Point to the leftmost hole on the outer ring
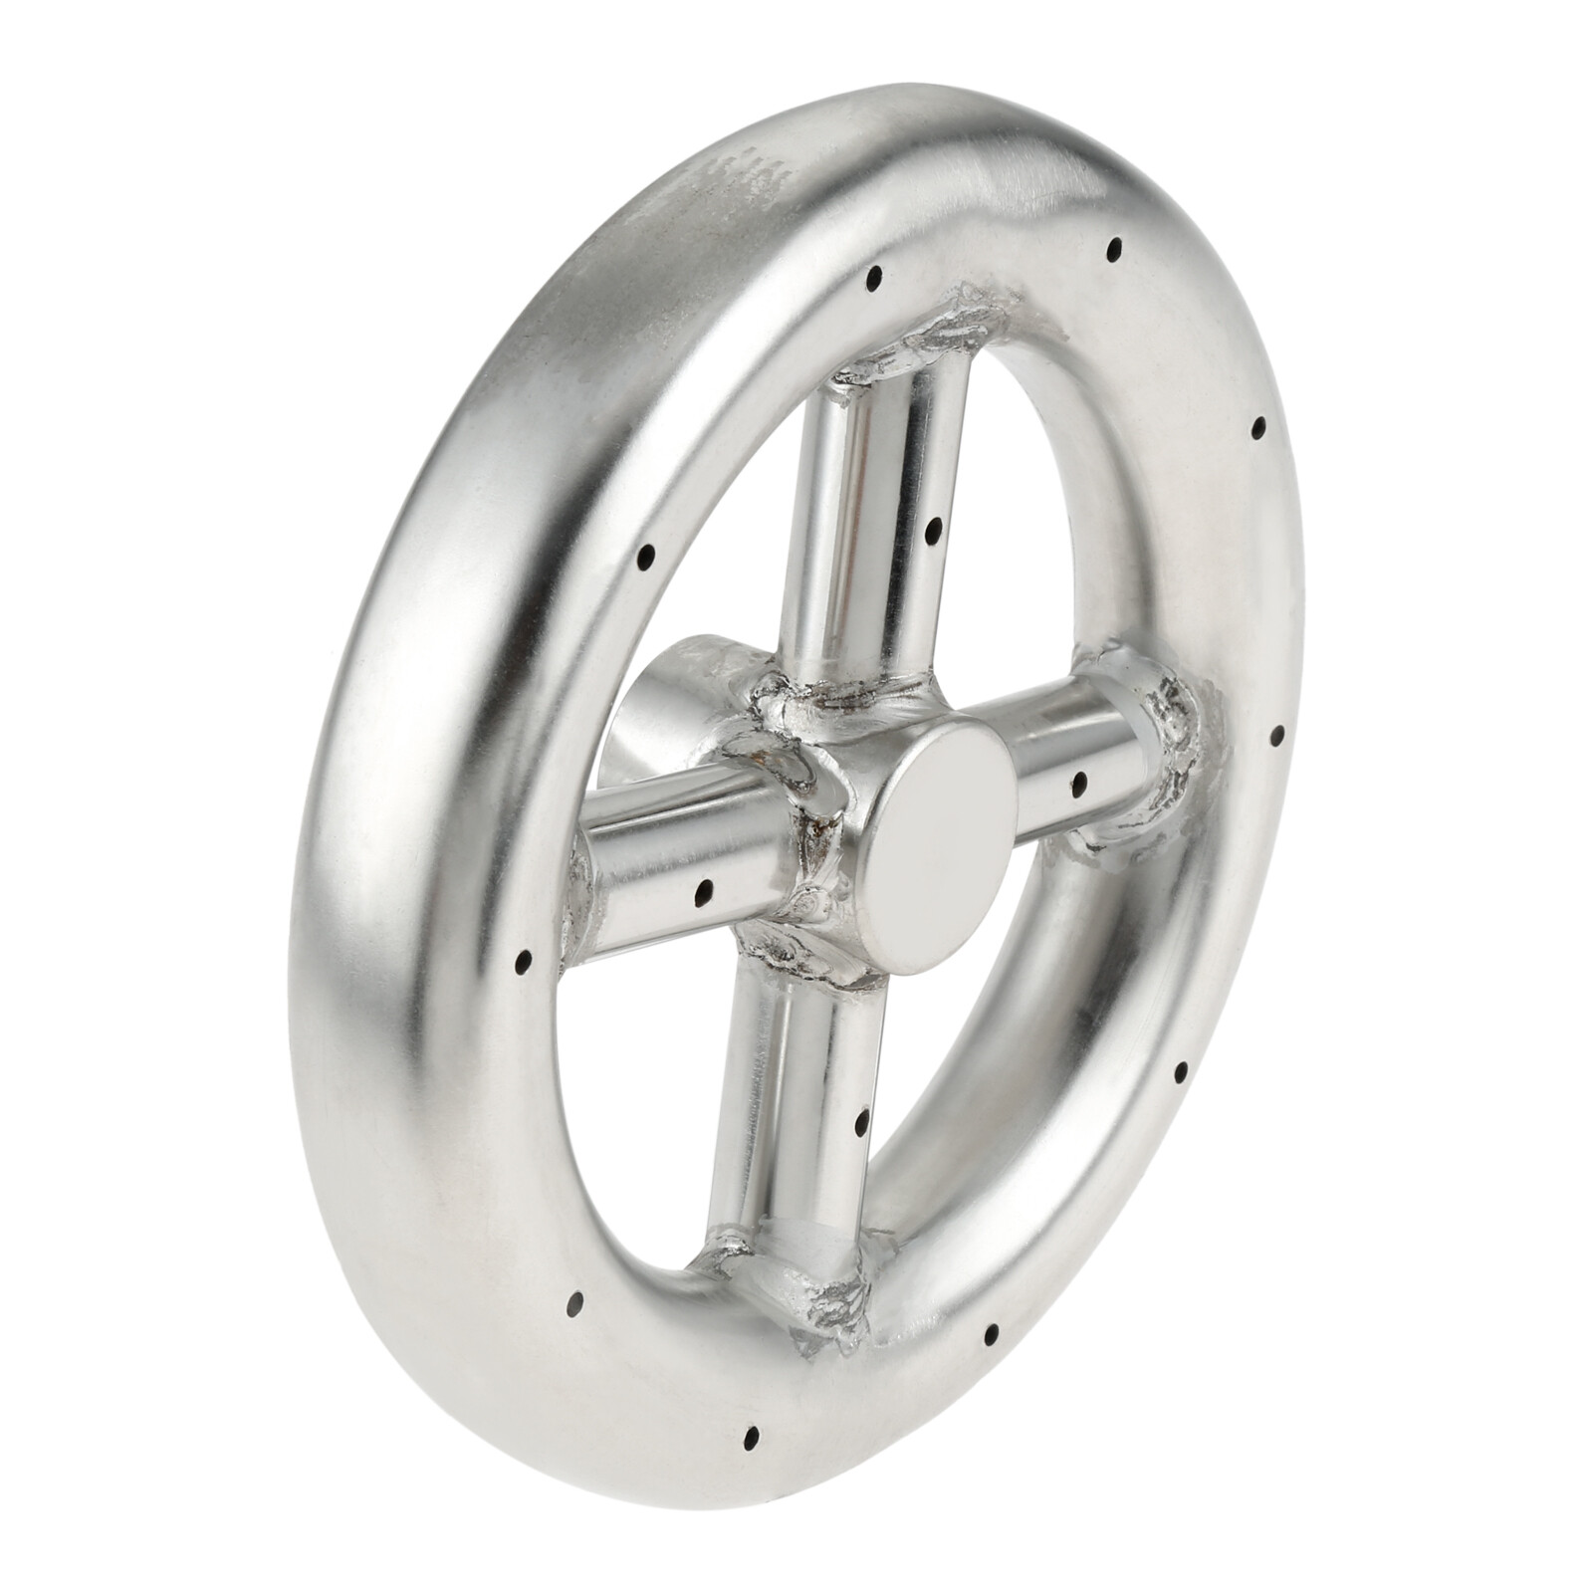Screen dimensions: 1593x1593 tap(524, 963)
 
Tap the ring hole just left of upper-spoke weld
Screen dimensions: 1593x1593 tap(874, 275)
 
